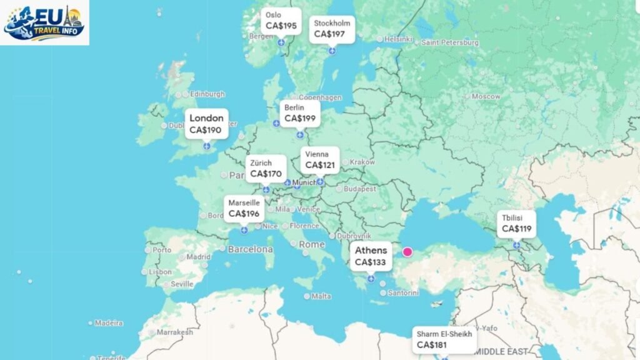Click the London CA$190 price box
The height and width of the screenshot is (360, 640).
(206, 124)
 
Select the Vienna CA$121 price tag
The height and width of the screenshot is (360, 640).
(320, 161)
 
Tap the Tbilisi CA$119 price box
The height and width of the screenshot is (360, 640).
(516, 224)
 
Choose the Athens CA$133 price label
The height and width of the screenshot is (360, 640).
(371, 256)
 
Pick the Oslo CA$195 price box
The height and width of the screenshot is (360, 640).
(281, 21)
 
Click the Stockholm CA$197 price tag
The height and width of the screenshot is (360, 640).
(332, 29)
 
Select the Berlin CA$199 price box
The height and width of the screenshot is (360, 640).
(300, 113)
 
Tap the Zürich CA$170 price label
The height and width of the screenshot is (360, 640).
(266, 168)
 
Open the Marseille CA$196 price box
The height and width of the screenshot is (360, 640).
(244, 209)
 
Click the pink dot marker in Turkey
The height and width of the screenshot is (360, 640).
(408, 252)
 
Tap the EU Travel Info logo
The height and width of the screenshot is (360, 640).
(44, 22)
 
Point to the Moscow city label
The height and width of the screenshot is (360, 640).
(486, 97)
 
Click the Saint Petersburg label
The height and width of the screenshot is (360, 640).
(450, 43)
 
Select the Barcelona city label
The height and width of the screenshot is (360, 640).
(250, 249)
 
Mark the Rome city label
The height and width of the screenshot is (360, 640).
(311, 244)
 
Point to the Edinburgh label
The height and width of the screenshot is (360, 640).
(207, 94)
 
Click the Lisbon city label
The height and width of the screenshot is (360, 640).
(160, 272)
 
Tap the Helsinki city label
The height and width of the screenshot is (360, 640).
(399, 39)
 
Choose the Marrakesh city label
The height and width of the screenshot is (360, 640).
(174, 332)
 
